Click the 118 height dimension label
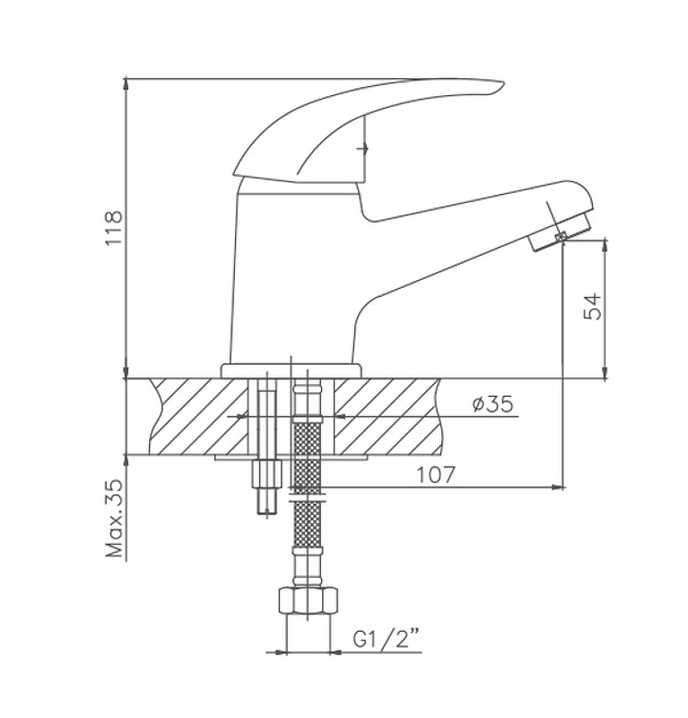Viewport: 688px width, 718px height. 114,228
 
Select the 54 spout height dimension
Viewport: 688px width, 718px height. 593,306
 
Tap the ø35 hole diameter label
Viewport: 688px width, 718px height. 492,404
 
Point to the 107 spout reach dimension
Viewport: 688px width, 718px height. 436,475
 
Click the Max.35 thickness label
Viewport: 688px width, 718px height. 115,518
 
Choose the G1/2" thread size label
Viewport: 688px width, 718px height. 387,638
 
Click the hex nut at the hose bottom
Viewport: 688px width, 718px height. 308,600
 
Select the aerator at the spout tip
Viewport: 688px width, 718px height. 561,232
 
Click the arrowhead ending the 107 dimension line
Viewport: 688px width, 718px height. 559,487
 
